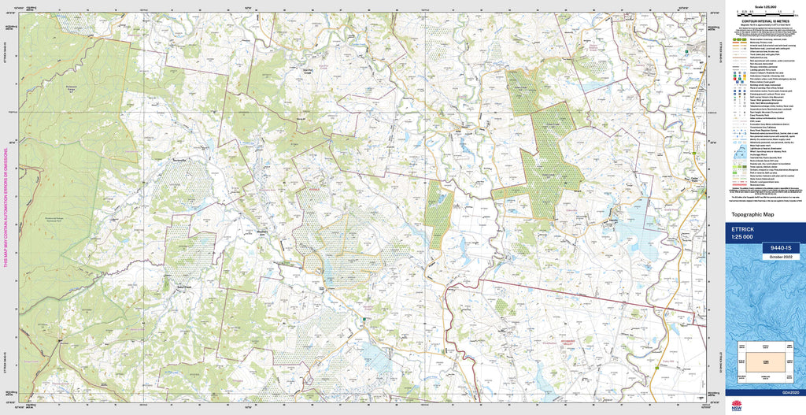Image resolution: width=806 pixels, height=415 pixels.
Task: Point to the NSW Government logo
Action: coord(737,406)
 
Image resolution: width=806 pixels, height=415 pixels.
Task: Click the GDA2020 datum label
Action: coord(789,391)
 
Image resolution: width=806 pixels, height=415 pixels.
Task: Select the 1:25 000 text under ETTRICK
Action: coord(742,237)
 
